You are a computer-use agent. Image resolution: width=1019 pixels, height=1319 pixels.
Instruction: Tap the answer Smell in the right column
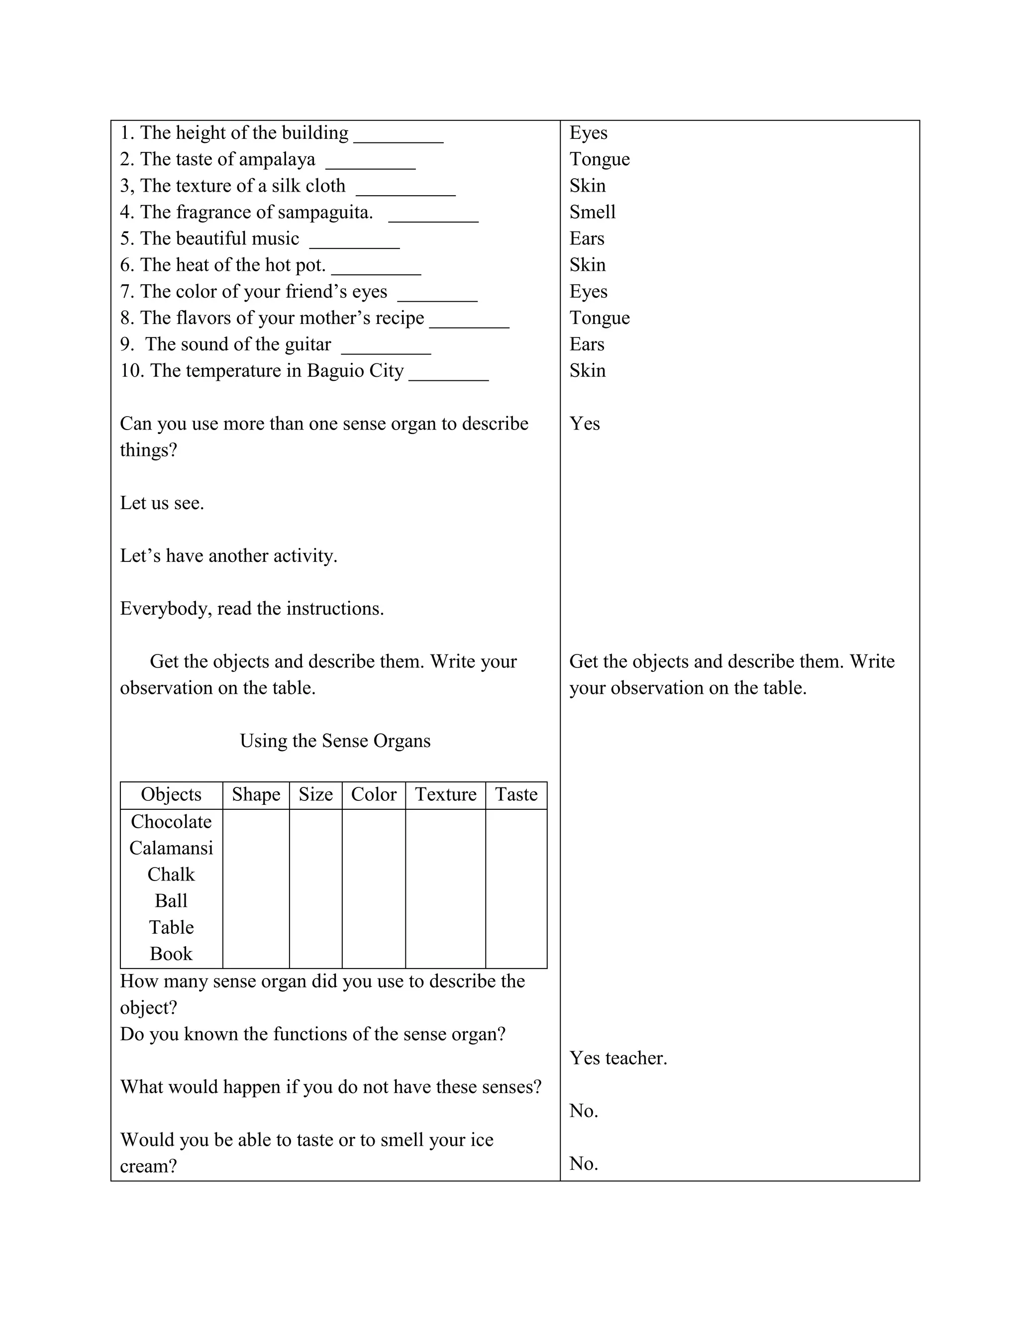click(x=592, y=212)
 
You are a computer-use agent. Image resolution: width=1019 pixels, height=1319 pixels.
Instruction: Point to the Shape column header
click(x=256, y=794)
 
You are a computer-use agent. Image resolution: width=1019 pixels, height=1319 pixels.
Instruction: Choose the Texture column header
click(x=445, y=794)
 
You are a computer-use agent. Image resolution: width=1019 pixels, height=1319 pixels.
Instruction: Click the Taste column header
click(x=516, y=794)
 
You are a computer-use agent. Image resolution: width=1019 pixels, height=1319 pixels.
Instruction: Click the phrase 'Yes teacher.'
click(x=618, y=1058)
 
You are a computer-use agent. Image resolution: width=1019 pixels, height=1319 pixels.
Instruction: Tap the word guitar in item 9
click(x=307, y=344)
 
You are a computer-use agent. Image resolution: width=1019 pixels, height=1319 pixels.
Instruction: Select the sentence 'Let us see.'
click(x=162, y=503)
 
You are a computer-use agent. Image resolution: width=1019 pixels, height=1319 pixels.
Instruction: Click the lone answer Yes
click(x=584, y=424)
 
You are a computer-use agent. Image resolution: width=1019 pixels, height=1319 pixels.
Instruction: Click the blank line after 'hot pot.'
click(x=376, y=273)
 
